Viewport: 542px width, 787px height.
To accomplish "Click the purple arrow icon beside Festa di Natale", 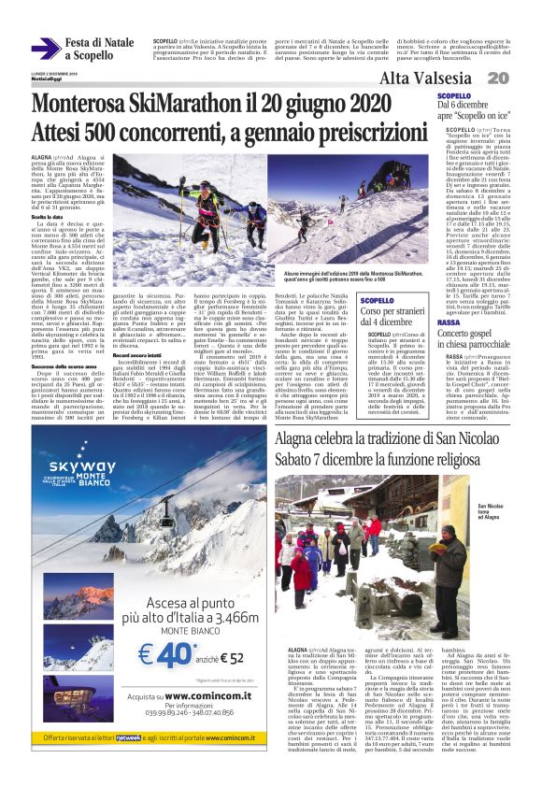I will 45,48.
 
